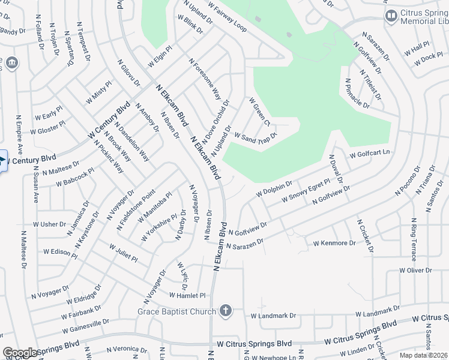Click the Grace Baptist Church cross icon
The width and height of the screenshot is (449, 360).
(225, 311)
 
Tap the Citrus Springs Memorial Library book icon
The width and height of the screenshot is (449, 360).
(391, 16)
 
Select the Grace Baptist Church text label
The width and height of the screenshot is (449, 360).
(176, 311)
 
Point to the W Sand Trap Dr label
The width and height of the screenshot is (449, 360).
(255, 139)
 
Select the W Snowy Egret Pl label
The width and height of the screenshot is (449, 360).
(305, 190)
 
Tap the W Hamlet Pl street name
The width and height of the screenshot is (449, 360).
(187, 296)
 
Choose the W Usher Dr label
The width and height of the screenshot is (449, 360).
(50, 224)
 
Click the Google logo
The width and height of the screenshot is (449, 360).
(20, 352)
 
